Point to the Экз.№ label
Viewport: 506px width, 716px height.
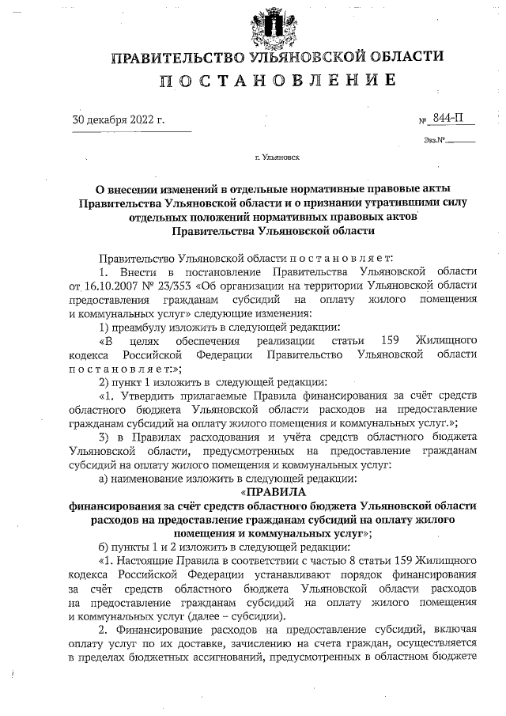tap(435, 141)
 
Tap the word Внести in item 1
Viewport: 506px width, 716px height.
tap(140, 271)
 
